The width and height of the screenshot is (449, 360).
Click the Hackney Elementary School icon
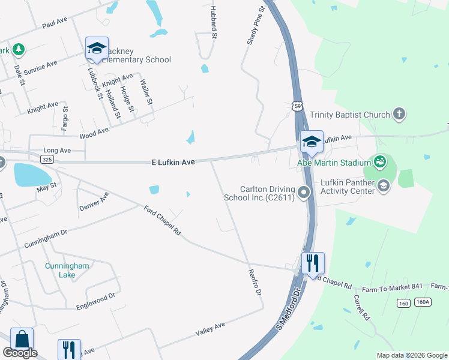(x=96, y=48)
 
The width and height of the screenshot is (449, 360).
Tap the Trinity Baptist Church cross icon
(x=399, y=114)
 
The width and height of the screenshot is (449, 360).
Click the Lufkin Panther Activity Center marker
(x=384, y=187)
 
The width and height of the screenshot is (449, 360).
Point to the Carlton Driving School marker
(x=304, y=193)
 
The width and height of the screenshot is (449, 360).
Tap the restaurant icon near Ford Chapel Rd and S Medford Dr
(x=313, y=263)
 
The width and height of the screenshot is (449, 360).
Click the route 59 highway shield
(x=298, y=106)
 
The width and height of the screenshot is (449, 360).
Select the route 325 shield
(x=47, y=159)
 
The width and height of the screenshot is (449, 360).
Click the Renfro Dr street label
(x=255, y=282)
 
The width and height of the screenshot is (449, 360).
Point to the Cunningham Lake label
(x=67, y=270)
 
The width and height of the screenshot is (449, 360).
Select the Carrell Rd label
(x=361, y=307)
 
